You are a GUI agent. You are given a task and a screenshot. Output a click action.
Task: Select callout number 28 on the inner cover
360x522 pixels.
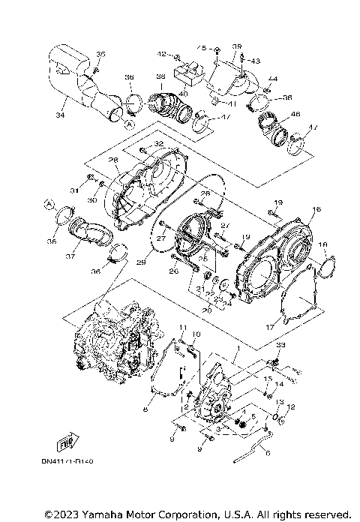[114, 159]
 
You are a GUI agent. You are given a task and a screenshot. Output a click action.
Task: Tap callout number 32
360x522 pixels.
[158, 144]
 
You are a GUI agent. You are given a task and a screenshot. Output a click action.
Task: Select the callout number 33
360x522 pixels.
[282, 344]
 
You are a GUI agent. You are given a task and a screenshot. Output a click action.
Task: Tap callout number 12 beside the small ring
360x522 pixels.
[292, 406]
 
